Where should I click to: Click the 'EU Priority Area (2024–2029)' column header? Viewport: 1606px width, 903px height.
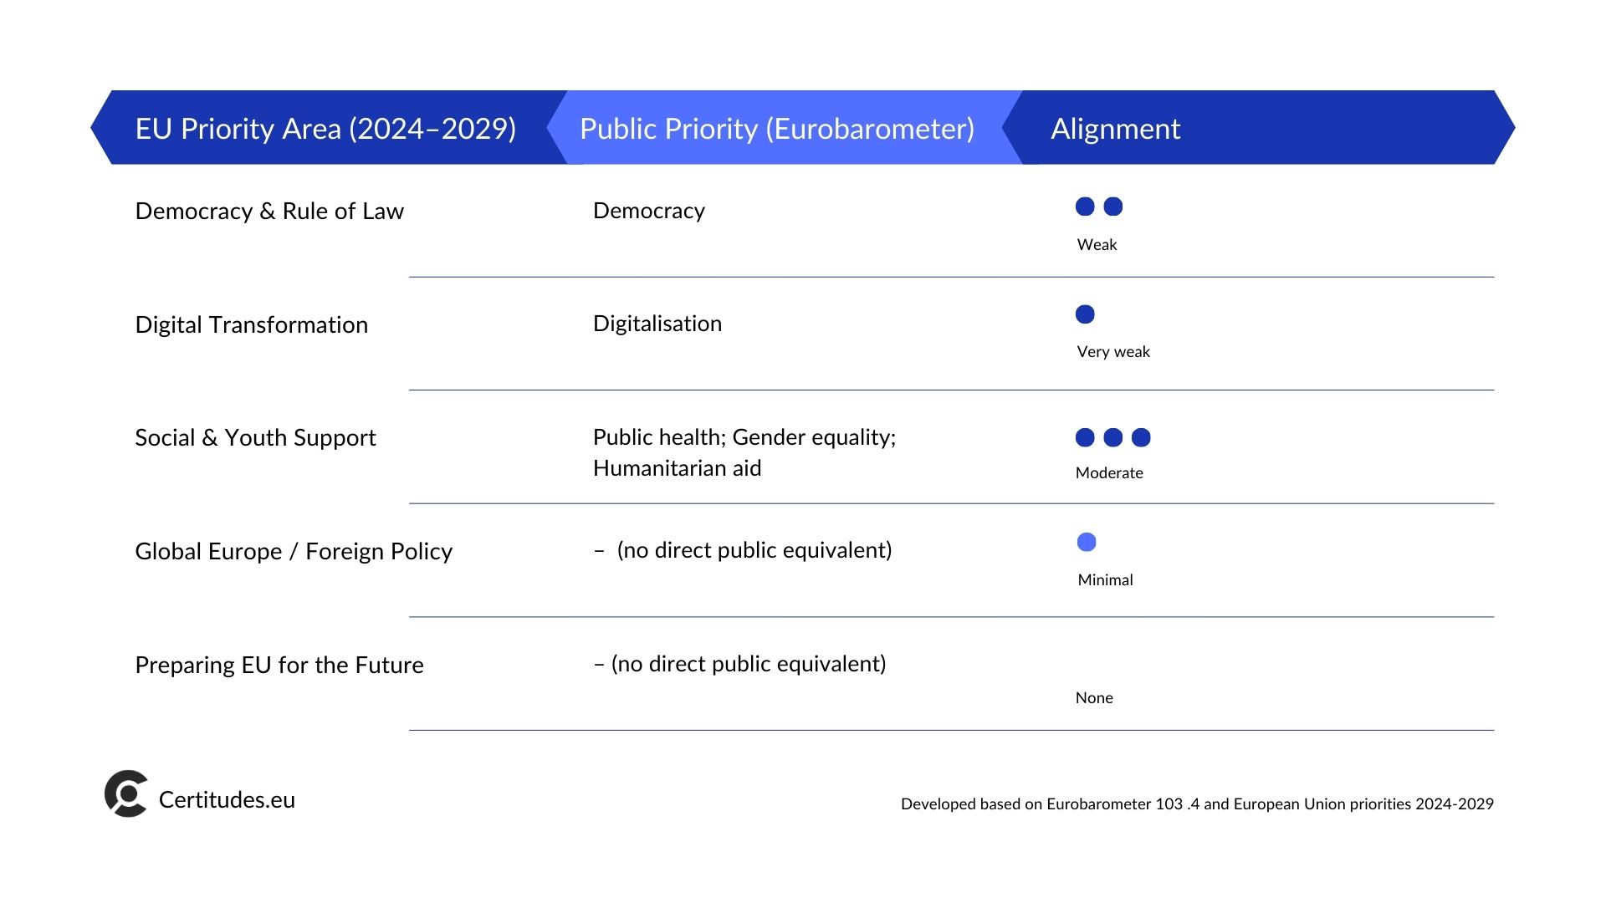[x=325, y=129]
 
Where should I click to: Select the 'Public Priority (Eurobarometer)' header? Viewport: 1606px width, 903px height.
[x=777, y=129]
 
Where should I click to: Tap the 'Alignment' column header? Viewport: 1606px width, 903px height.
[x=1115, y=129]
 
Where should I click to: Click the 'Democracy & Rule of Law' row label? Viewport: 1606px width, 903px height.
[x=269, y=211]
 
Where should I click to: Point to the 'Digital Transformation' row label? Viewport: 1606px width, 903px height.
[x=252, y=324]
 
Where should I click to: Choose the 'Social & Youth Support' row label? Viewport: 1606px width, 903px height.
[x=255, y=438]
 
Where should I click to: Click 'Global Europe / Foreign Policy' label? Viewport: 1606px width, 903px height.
[x=294, y=552]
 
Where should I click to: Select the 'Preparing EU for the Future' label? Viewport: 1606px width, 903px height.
[x=279, y=665]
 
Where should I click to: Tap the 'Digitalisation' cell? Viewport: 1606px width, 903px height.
[x=657, y=324]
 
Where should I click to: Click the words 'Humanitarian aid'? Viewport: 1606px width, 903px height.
[x=678, y=468]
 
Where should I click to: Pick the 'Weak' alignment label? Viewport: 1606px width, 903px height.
[x=1097, y=245]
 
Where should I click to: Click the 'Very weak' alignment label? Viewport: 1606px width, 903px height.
[x=1113, y=352]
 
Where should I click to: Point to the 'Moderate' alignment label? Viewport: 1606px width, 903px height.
[x=1109, y=473]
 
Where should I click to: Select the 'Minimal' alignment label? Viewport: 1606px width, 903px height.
[x=1105, y=580]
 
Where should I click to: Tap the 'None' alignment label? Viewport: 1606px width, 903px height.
[x=1094, y=698]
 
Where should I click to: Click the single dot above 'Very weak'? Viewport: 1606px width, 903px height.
[x=1085, y=314]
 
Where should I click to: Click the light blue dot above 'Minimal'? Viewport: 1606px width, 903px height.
[x=1087, y=543]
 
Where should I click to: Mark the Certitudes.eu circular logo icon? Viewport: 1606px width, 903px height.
[x=126, y=793]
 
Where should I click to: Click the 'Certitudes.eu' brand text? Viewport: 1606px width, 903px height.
[x=227, y=800]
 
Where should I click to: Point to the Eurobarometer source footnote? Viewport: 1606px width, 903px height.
[x=1197, y=804]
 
